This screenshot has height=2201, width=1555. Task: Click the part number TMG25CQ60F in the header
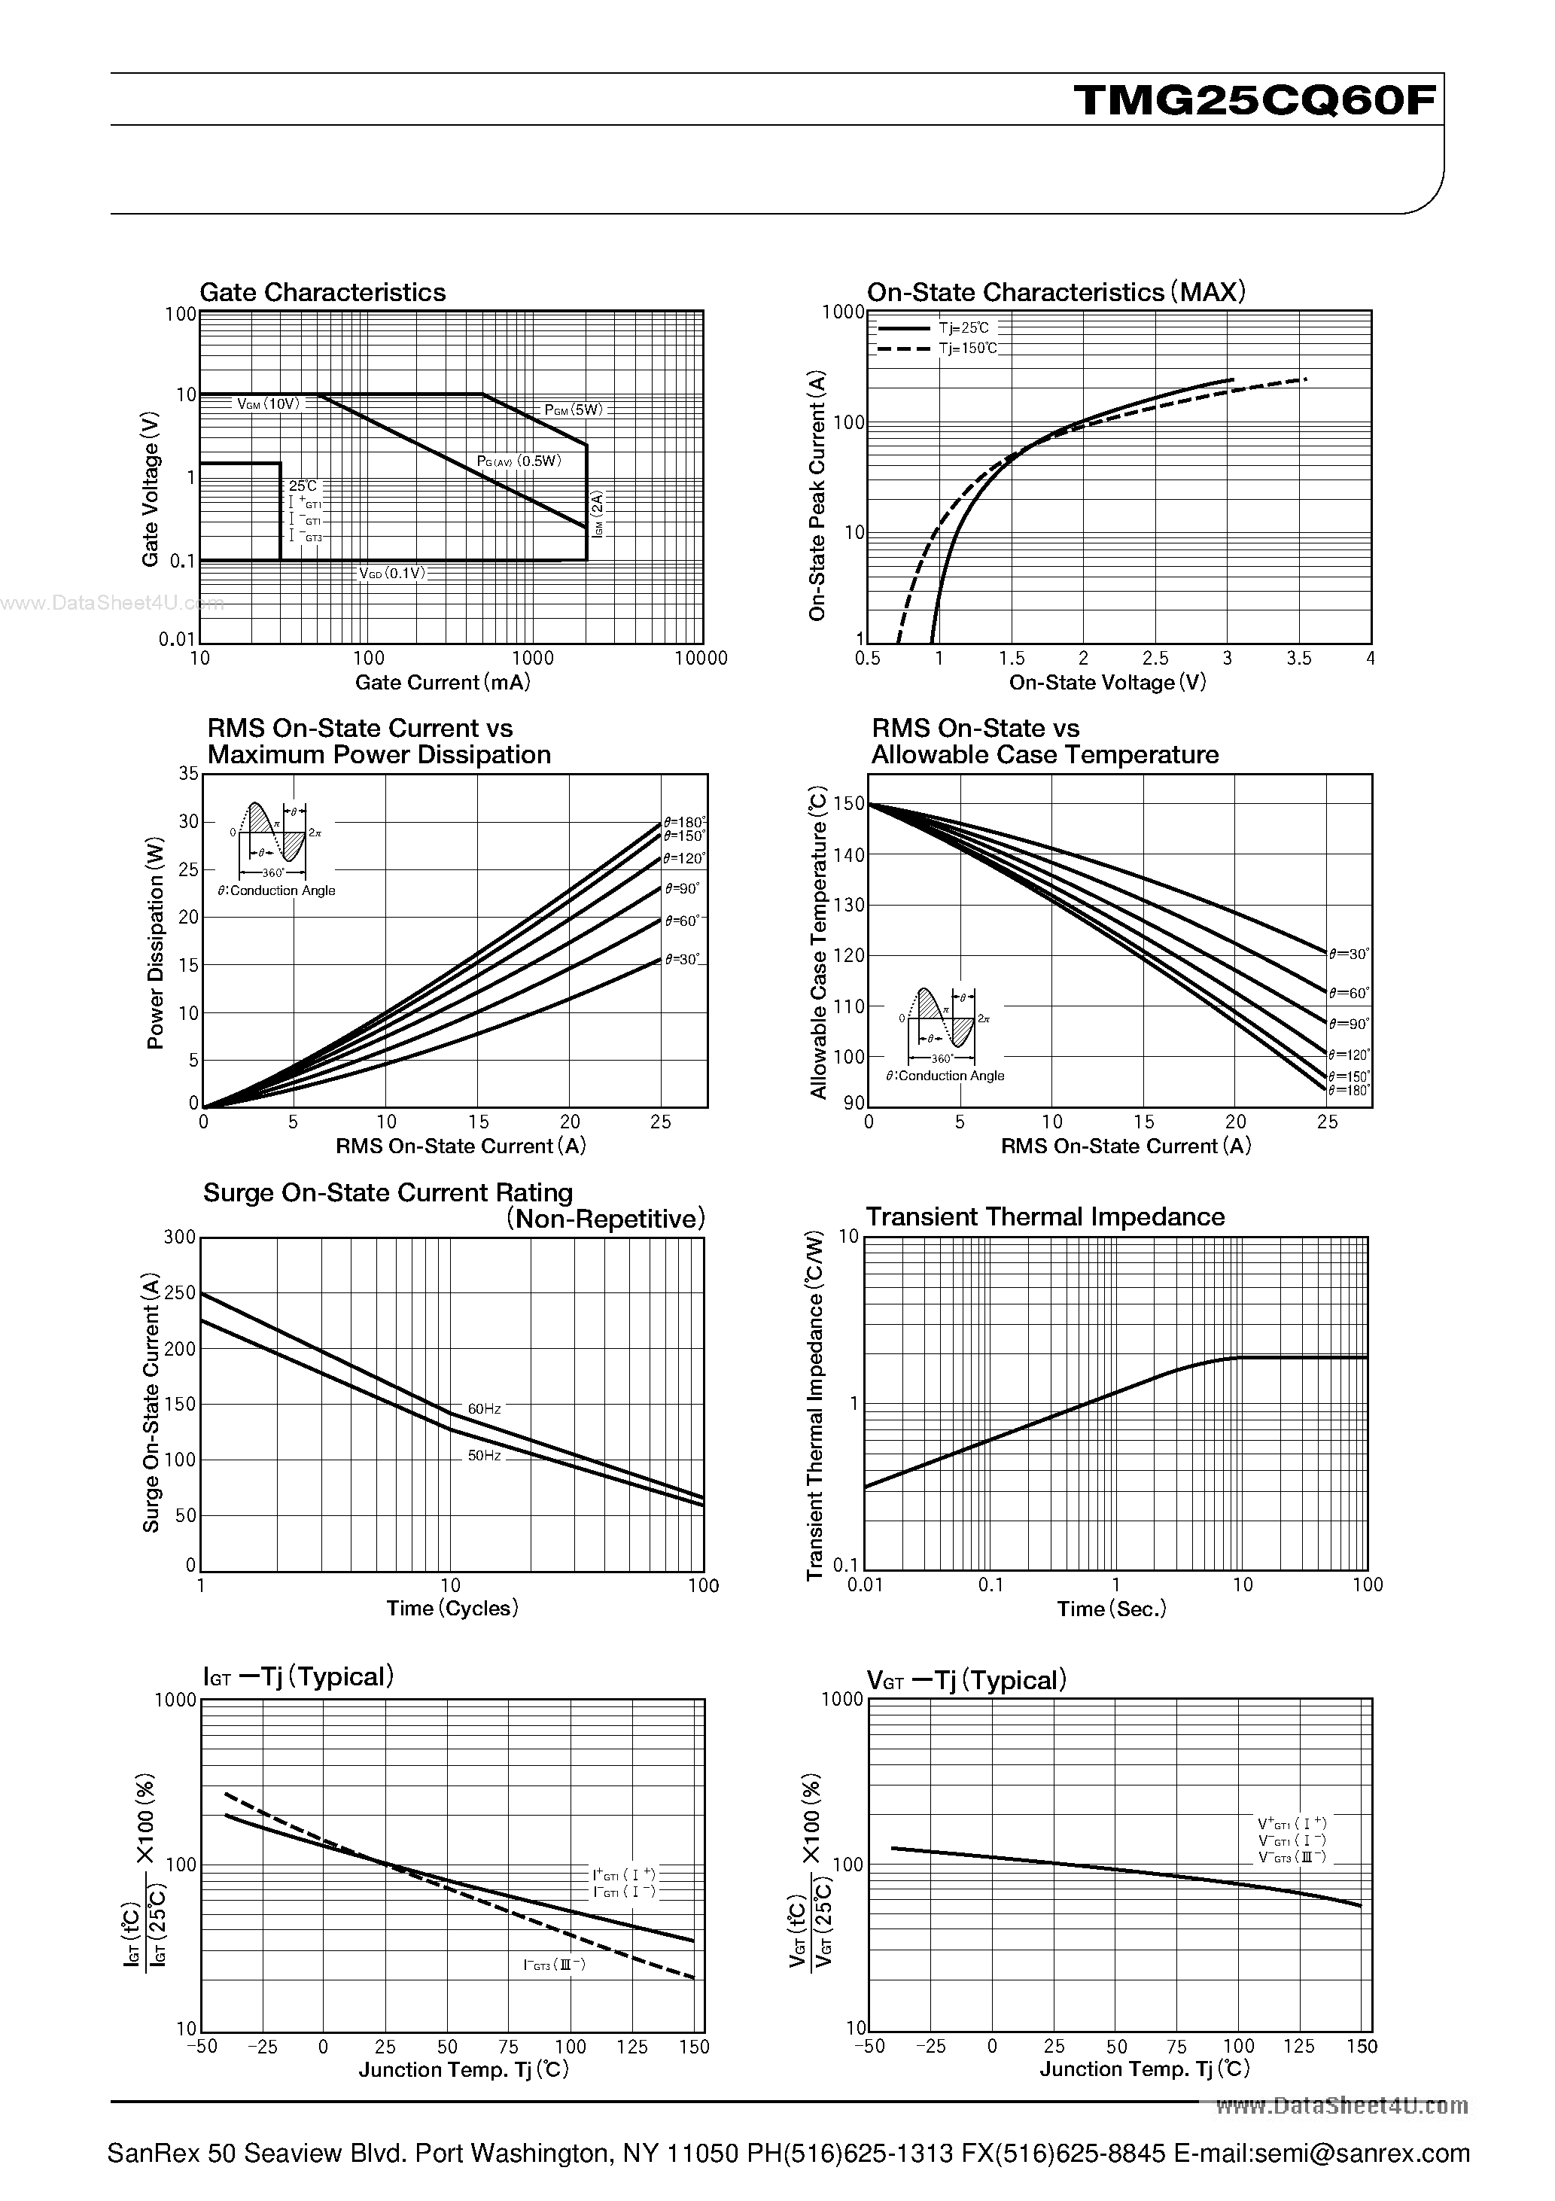(1256, 99)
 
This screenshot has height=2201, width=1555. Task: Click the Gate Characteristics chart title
(322, 292)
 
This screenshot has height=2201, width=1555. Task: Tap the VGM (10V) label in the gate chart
(269, 404)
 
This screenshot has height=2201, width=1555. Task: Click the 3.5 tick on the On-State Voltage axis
(1299, 659)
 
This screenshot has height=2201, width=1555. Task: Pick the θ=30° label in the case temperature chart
(1349, 954)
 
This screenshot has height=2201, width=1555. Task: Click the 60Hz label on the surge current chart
(484, 1409)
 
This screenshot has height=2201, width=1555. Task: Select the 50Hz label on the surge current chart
(484, 1455)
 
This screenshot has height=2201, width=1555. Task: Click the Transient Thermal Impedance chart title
(1045, 1216)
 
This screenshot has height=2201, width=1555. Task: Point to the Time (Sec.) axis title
(1111, 1609)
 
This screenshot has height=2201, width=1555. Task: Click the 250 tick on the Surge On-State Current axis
(180, 1293)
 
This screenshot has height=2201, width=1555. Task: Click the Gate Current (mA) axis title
(442, 683)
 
